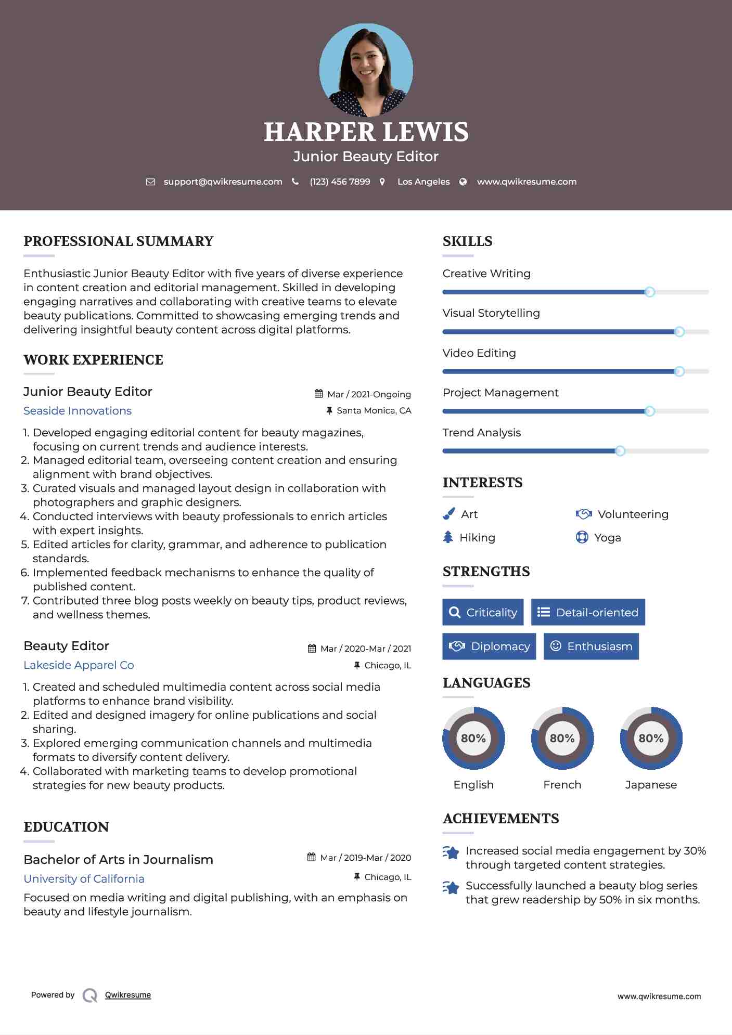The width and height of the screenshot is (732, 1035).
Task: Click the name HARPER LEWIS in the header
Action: tap(366, 132)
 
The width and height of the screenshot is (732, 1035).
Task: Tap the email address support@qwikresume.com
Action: tap(223, 182)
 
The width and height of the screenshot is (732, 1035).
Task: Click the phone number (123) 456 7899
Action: tap(340, 182)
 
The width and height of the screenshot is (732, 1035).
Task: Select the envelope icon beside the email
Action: tap(150, 182)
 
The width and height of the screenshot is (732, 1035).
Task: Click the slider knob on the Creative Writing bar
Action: tap(649, 292)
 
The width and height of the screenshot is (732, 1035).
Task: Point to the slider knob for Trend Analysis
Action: tap(620, 451)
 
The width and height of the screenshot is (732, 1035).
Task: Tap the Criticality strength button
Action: tap(483, 612)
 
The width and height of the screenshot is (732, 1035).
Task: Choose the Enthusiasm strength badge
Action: tap(591, 646)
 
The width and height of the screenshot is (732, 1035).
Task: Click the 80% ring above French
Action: tap(562, 738)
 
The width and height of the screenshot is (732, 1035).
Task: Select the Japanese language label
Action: tap(651, 784)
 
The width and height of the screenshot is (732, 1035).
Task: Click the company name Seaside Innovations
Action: tap(78, 411)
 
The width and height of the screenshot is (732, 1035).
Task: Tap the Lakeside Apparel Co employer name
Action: tap(79, 665)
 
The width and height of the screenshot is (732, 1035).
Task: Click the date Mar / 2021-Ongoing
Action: tap(369, 394)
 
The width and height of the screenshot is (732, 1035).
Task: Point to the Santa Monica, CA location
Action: tap(374, 410)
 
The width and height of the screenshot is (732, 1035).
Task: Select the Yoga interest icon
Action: tap(582, 537)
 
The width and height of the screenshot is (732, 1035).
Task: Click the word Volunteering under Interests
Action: tap(633, 514)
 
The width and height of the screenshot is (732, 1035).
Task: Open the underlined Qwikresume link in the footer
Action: tap(128, 995)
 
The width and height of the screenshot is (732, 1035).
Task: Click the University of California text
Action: tap(84, 879)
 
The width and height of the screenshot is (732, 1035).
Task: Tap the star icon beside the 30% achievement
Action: tap(451, 852)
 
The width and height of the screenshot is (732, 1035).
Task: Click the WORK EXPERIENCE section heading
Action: tap(93, 360)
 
